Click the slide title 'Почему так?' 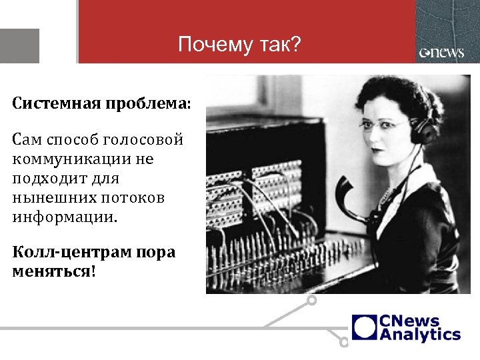pos(240,45)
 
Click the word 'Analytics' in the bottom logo pos(420,334)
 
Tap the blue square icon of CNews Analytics pos(365,327)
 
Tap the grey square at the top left pos(19,46)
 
